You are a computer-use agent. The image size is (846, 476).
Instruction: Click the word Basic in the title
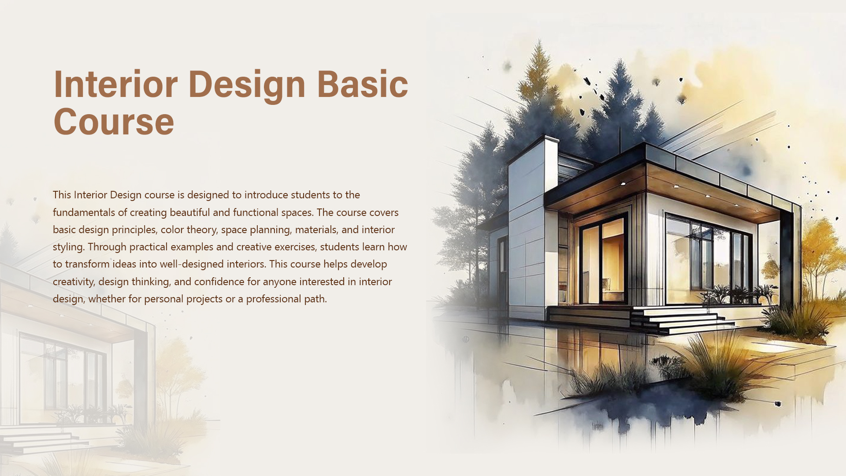(362, 84)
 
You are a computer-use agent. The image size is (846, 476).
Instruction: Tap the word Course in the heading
(114, 122)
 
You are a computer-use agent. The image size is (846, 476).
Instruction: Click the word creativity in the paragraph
(73, 282)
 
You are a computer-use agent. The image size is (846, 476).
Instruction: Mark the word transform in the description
(87, 264)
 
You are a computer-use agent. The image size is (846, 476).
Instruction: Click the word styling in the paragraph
(68, 247)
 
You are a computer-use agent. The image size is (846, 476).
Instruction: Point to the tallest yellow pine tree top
(538, 62)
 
